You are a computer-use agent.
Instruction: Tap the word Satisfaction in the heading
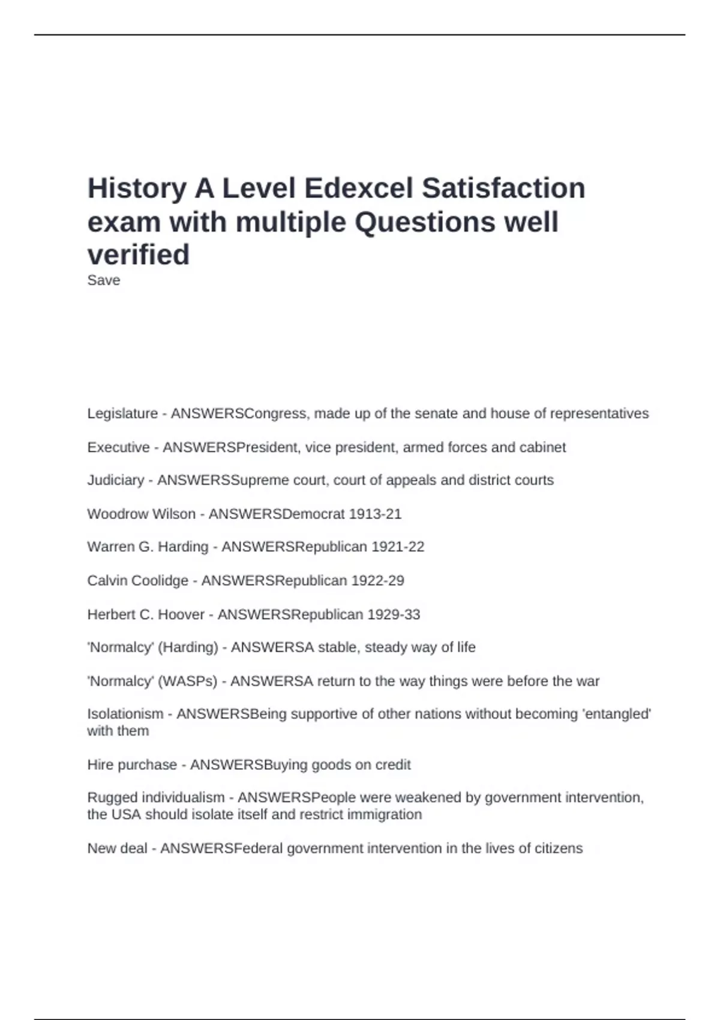(x=503, y=188)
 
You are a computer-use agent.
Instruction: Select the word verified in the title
(x=139, y=254)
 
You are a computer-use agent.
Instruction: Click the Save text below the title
(x=104, y=280)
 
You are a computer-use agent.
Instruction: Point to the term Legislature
(x=122, y=413)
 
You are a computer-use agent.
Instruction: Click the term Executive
(x=118, y=447)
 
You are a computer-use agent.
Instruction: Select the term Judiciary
(x=116, y=480)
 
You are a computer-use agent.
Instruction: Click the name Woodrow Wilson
(x=142, y=514)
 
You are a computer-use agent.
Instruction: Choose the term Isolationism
(x=125, y=714)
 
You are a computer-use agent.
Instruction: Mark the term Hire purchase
(x=132, y=764)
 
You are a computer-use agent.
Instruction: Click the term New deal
(x=117, y=848)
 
